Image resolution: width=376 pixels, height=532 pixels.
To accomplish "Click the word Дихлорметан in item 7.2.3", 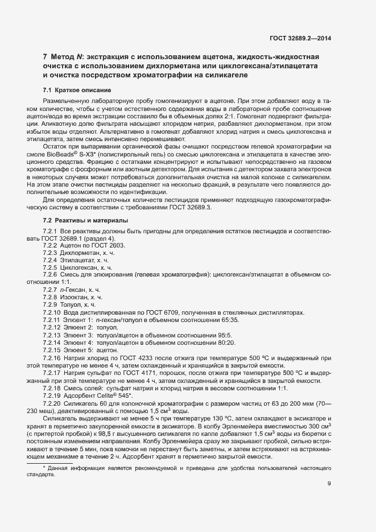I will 80,252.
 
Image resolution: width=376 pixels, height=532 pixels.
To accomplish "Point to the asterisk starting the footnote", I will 44,467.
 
